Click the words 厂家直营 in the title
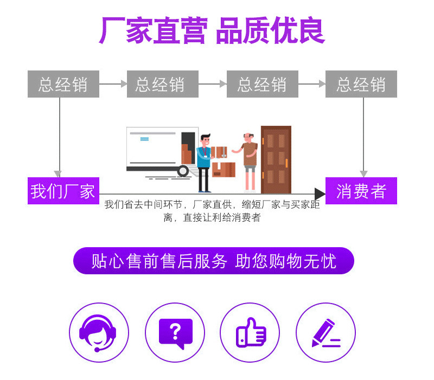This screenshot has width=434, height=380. pyautogui.click(x=152, y=31)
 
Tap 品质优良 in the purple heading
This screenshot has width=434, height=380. pyautogui.click(x=270, y=31)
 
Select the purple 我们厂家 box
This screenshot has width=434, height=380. pyautogui.click(x=63, y=191)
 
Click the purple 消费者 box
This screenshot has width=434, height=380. pyautogui.click(x=361, y=191)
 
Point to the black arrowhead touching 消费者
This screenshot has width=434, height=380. pyautogui.click(x=320, y=194)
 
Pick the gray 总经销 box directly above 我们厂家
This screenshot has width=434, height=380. pyautogui.click(x=63, y=84)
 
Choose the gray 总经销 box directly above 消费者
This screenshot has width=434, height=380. pyautogui.click(x=361, y=84)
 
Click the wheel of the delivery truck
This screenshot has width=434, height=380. pyautogui.click(x=183, y=171)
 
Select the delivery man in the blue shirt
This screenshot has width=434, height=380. pyautogui.click(x=204, y=162)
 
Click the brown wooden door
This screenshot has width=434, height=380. pyautogui.click(x=276, y=159)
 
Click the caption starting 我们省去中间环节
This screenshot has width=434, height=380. pyautogui.click(x=212, y=211)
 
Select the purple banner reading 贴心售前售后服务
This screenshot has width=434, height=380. pyautogui.click(x=213, y=261)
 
